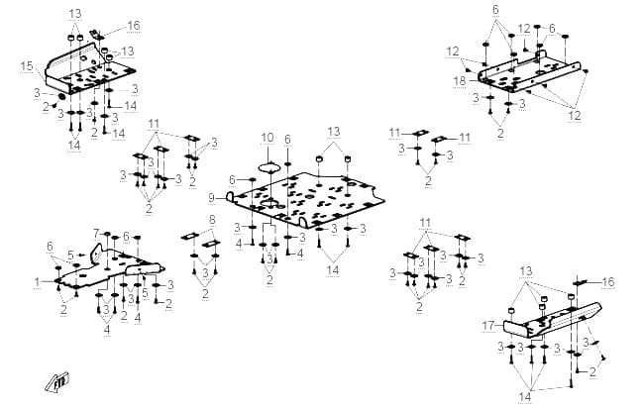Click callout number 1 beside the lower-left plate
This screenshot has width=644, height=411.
[38, 282]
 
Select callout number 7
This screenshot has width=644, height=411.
[96, 234]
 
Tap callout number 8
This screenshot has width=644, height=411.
[212, 220]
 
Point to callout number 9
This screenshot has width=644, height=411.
[211, 198]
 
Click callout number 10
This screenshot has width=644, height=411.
[267, 138]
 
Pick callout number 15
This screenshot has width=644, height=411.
[27, 65]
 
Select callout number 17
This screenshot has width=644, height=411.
[488, 326]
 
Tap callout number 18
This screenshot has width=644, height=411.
[460, 81]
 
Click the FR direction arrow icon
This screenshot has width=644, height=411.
[57, 381]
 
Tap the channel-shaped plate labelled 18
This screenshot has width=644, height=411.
[530, 74]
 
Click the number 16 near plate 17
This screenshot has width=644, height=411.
[608, 282]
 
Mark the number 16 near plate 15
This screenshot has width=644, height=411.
[134, 26]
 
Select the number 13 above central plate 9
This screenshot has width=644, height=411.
[334, 132]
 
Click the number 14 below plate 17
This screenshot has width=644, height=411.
[525, 397]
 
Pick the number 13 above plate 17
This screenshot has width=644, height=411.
[526, 271]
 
